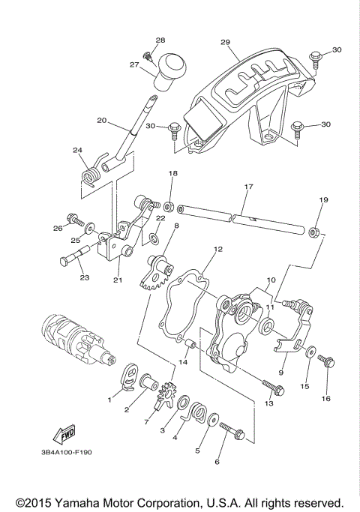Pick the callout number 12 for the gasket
coord(217,249)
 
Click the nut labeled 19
coord(316,231)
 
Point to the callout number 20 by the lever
coord(102,119)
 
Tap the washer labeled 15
coord(310,352)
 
